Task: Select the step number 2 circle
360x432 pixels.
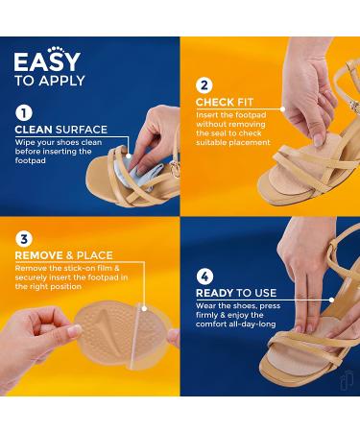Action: click(204, 84)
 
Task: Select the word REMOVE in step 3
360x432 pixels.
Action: click(39, 256)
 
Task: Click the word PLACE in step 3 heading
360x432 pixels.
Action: click(88, 256)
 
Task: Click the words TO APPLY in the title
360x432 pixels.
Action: click(50, 82)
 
